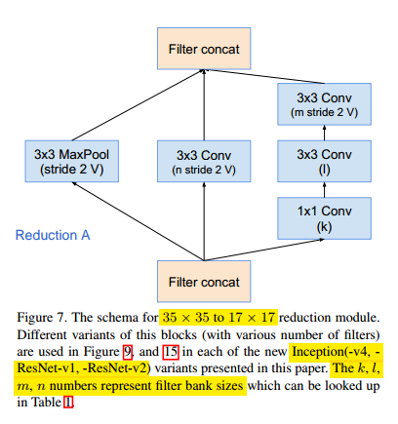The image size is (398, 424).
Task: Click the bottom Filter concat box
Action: pos(202,282)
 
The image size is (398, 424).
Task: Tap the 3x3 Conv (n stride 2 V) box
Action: pos(203,162)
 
